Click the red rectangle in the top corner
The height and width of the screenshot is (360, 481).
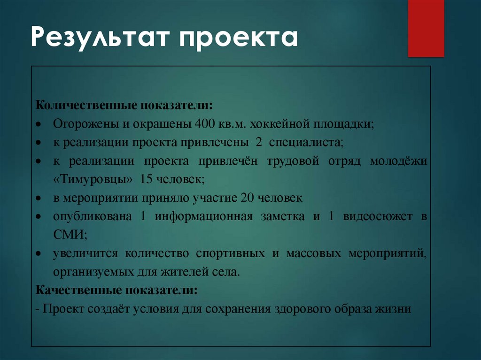[426, 28]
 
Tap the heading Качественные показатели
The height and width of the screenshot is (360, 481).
[116, 290]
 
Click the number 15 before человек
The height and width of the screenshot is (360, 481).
[147, 180]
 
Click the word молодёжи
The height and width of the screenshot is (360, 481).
[398, 161]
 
